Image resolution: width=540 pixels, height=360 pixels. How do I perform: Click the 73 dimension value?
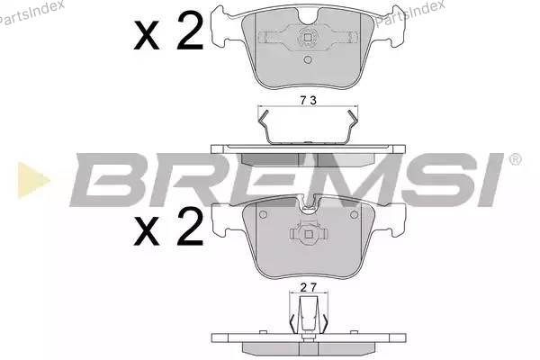click(308, 100)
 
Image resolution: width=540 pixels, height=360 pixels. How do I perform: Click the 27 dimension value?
click(308, 288)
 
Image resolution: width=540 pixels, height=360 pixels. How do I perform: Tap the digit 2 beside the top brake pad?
click(190, 30)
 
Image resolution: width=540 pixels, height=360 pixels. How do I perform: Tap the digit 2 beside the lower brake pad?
click(190, 226)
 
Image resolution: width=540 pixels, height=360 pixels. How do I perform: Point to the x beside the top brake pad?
click(147, 35)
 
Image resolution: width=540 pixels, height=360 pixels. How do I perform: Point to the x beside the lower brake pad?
click(147, 231)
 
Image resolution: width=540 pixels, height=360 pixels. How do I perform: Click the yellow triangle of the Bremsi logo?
click(33, 180)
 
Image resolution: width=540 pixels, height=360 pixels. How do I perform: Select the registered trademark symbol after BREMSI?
click(515, 160)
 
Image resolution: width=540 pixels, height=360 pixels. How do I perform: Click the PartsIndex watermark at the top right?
click(409, 13)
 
